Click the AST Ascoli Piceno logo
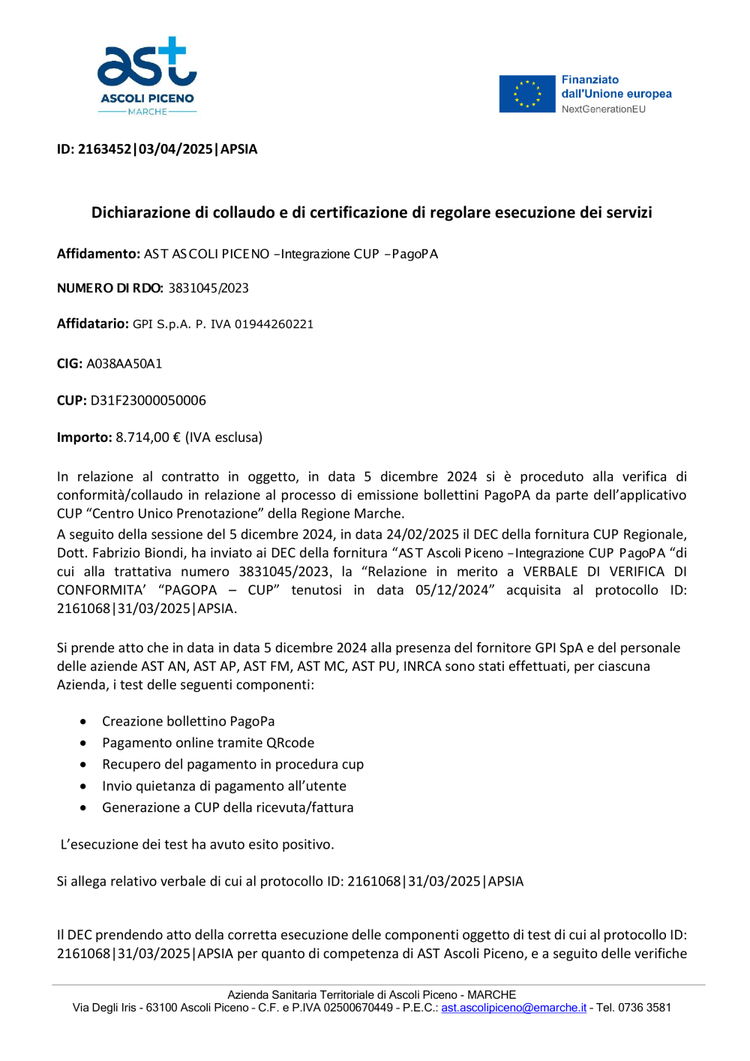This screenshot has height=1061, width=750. pos(147,76)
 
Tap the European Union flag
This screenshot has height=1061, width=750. pos(527,94)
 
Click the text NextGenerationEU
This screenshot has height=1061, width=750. pos(603,109)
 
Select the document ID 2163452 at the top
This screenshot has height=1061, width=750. pos(105,149)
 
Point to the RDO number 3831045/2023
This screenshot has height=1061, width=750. pos(208,288)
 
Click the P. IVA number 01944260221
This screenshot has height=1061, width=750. pos(274,324)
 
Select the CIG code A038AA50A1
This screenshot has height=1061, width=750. pos(124,364)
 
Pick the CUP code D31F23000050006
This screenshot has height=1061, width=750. pos(148,401)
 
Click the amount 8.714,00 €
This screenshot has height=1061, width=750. pos(148,437)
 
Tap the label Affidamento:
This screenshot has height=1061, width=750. pos(98,254)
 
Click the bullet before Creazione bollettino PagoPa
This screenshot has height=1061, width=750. pos(83,722)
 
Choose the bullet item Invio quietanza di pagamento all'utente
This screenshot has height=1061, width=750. pos(224,786)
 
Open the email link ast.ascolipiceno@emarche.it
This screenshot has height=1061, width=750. pos(514,1008)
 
